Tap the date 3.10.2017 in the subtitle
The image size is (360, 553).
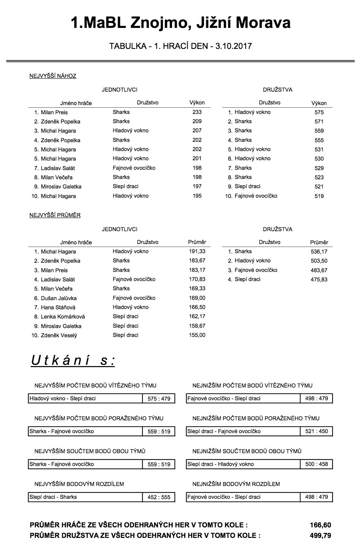point(234,46)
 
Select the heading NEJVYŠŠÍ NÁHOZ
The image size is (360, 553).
point(53,76)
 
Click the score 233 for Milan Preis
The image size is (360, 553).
point(197,112)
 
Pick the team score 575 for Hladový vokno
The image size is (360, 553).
point(319,112)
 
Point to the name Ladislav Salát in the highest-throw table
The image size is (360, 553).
point(58,168)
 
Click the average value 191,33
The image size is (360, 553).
point(197,251)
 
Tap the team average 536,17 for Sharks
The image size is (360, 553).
point(319,252)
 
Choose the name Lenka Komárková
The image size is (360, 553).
point(63,317)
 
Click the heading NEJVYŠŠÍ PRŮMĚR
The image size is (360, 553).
point(55,215)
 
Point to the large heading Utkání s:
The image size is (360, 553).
point(73,361)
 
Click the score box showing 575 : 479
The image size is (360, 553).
point(159,399)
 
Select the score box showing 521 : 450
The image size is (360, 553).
point(317,431)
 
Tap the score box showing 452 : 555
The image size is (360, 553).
point(159,497)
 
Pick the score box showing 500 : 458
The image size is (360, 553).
point(317,464)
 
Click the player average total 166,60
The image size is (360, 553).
point(320,525)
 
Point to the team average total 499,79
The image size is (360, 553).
point(320,536)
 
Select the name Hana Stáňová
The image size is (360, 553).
point(58,307)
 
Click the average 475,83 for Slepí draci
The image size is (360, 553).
point(319,279)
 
